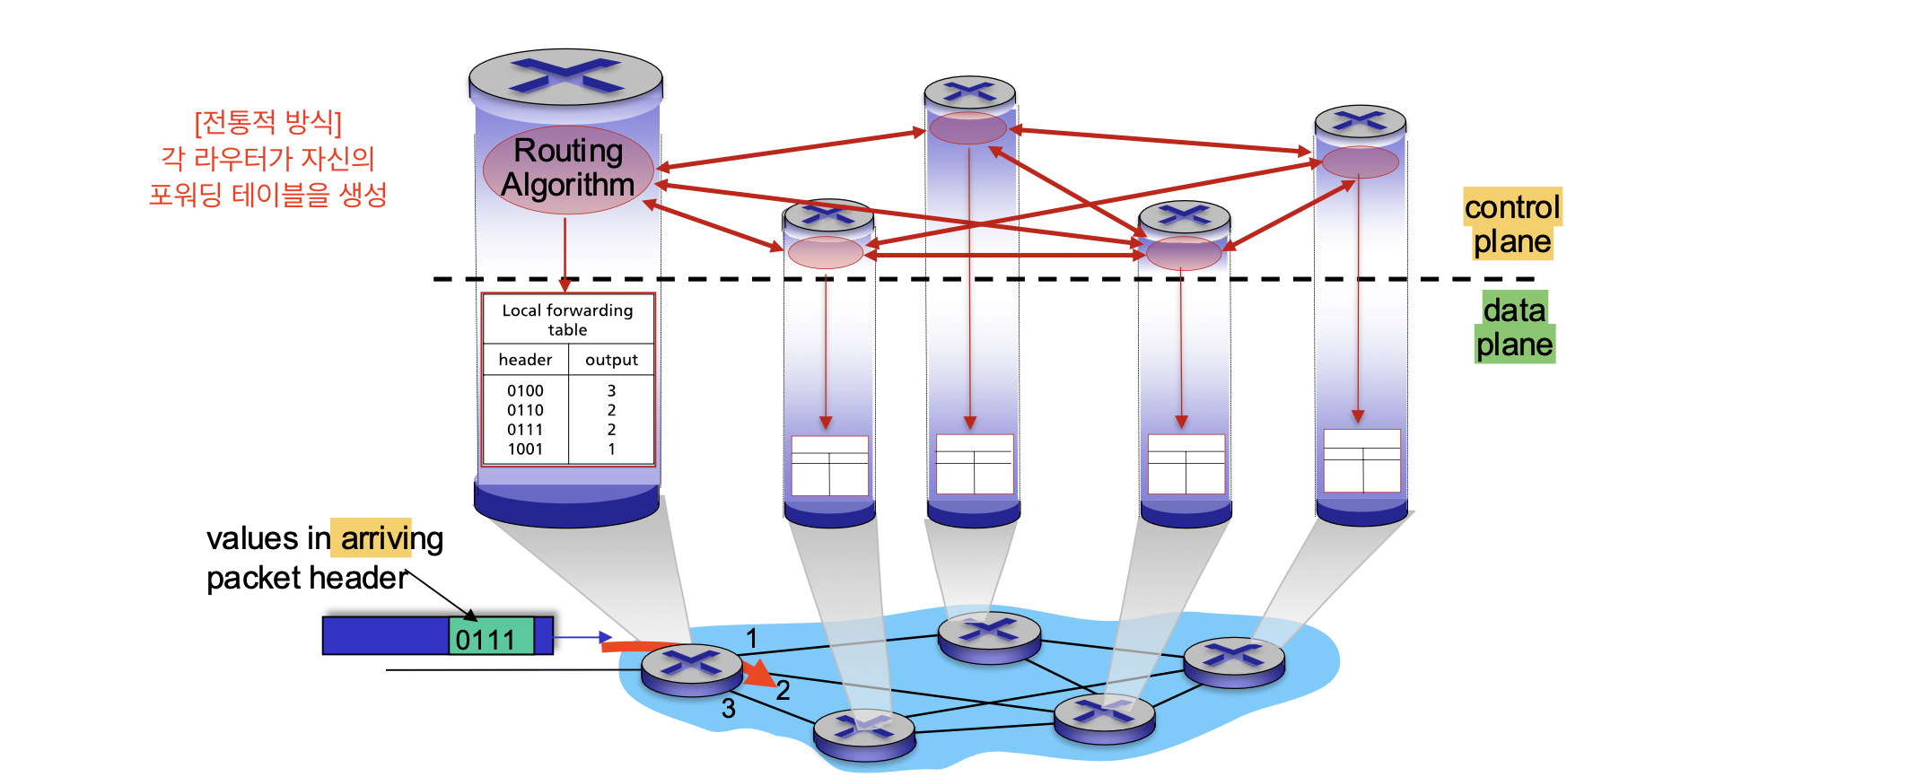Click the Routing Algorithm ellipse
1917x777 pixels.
[x=568, y=170]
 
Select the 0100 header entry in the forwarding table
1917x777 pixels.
[x=525, y=391]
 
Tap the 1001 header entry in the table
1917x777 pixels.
[x=525, y=450]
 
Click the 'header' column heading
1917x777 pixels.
[x=525, y=360]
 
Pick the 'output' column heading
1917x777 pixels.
[x=611, y=360]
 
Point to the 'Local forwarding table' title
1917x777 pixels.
[x=567, y=319]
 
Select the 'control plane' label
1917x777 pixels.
[x=1512, y=224]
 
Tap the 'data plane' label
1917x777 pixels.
[x=1514, y=327]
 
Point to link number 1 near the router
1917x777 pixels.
[x=751, y=639]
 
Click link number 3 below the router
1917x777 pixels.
[x=729, y=709]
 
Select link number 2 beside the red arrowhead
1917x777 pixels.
[x=783, y=690]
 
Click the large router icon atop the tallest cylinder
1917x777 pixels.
[x=565, y=76]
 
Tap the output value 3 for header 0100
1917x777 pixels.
[x=611, y=391]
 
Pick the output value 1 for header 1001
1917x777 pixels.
[x=611, y=450]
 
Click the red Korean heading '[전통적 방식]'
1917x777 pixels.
[x=268, y=122]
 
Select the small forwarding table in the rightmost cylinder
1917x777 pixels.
[x=1361, y=460]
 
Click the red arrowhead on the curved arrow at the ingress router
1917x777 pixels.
[x=759, y=673]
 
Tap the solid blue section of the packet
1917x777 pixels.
[x=386, y=636]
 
